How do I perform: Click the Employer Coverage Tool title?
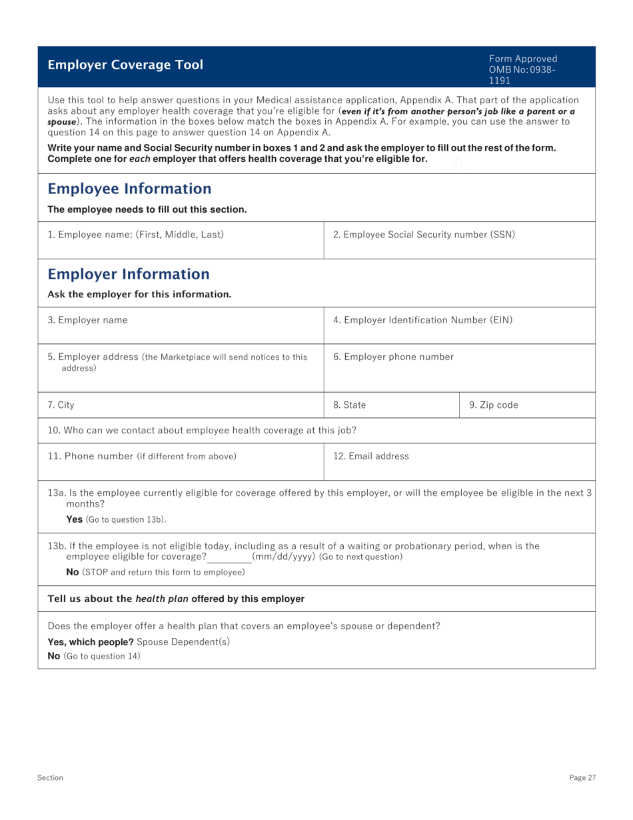pos(125,65)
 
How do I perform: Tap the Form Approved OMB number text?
pos(522,69)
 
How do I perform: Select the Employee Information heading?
pos(129,189)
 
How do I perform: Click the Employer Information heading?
pos(129,274)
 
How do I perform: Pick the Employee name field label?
pos(136,235)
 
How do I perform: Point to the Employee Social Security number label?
pos(424,235)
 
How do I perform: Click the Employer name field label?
pos(87,320)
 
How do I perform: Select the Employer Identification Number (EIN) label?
pos(422,320)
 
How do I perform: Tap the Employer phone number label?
pos(393,357)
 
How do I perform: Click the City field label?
pos(61,405)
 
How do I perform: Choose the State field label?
pos(349,405)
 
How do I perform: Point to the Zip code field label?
pos(493,405)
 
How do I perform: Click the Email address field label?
pos(371,457)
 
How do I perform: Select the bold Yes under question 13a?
pos(74,519)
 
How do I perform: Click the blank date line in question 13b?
pos(229,557)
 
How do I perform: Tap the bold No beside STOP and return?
pos(72,572)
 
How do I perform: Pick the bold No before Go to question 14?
pos(54,656)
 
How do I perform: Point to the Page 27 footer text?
pos(582,778)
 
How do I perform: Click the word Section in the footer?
pos(50,778)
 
